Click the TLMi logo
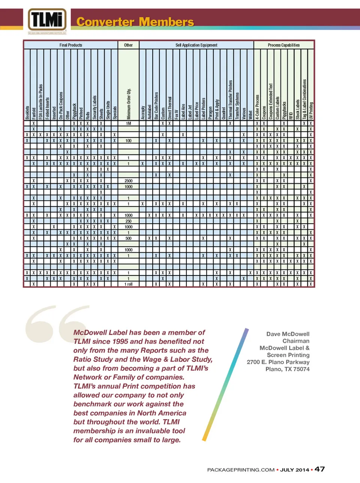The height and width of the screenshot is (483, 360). [47, 20]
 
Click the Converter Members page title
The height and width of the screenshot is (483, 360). [135, 22]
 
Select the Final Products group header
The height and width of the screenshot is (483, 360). [70, 45]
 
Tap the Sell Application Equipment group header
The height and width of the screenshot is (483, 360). [196, 45]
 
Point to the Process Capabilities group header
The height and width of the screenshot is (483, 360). [283, 45]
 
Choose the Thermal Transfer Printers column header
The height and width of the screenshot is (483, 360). [230, 99]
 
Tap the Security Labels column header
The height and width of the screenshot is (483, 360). [94, 107]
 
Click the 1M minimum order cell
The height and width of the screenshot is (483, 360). [129, 123]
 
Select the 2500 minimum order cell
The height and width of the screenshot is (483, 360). [129, 181]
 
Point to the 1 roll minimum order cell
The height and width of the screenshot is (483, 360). [129, 284]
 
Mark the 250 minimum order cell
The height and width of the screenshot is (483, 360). [129, 221]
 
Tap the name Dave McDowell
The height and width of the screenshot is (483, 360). [288, 334]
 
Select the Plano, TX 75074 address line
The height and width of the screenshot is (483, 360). [287, 369]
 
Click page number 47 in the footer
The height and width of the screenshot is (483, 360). [319, 469]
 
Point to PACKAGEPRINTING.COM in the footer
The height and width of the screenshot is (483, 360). [241, 470]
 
